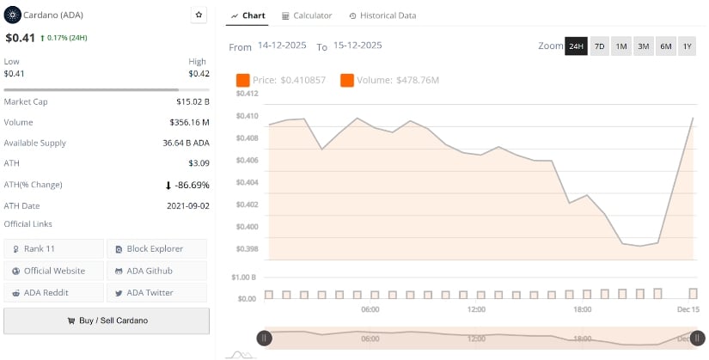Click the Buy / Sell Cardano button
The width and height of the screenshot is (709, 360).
pos(107,320)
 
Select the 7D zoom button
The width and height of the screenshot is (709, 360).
pos(599,46)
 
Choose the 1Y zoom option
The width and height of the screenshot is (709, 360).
pos(687,46)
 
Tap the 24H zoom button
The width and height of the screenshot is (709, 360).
pos(576,46)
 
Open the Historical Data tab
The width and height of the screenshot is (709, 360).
pos(382,15)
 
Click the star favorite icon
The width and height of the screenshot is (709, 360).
pos(199,15)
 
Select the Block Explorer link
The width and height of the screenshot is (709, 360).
pos(156,249)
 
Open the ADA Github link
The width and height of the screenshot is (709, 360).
pos(156,271)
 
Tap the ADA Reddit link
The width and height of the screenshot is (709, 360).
pos(53,293)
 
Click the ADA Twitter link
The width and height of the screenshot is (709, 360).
pos(156,293)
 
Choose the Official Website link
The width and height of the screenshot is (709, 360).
pos(53,271)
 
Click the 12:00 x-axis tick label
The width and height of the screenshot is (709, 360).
pos(476,309)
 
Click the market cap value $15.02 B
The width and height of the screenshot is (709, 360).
pos(192,101)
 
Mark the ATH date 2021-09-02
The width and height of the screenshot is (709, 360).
pos(187,206)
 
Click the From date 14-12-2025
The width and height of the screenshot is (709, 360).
pos(283,46)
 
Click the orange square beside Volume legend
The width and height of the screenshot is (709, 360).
pos(347,80)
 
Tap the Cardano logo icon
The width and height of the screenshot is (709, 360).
pos(13,15)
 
